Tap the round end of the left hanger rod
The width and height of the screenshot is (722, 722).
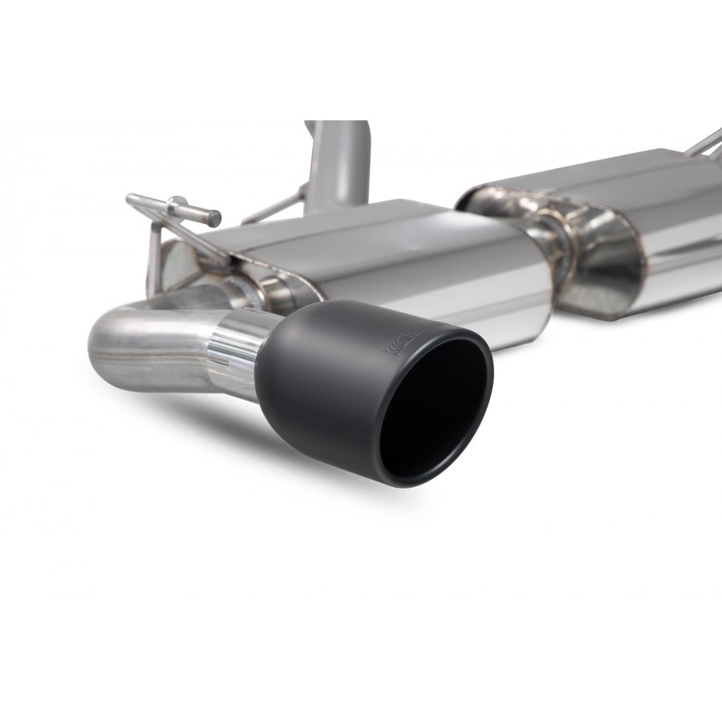[215, 217]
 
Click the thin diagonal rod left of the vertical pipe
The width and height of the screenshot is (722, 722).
[273, 207]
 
